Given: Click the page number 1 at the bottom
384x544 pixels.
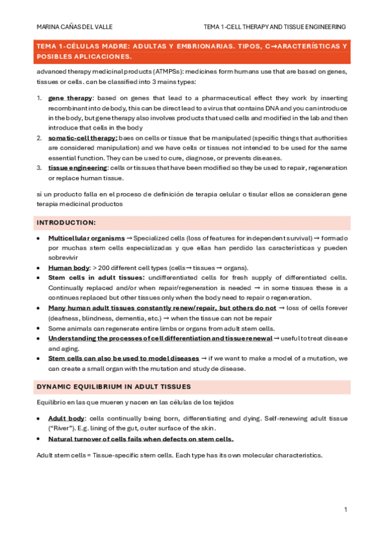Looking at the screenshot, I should coord(346,509).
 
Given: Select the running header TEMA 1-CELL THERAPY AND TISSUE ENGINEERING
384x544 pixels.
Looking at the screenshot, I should coord(274,26).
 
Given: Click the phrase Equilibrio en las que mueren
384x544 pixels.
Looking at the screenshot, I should coord(78,402).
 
